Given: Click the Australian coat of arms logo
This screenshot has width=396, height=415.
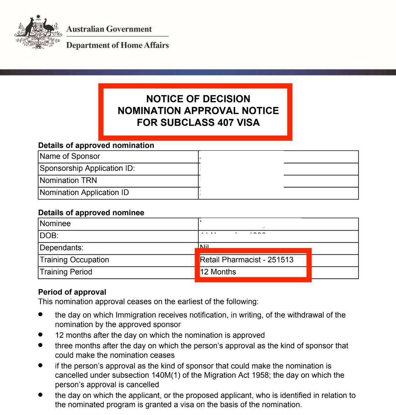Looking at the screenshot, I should (x=38, y=33).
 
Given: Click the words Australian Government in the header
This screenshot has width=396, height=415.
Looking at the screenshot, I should (x=109, y=29).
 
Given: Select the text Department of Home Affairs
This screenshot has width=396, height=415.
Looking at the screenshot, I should (x=117, y=45).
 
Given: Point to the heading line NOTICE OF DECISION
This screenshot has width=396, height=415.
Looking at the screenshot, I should (x=198, y=99).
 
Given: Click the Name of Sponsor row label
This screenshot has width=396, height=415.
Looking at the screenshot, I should (x=70, y=156).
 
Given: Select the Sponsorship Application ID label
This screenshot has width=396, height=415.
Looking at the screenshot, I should (x=87, y=168).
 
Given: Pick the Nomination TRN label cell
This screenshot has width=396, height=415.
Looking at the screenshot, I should (x=68, y=181).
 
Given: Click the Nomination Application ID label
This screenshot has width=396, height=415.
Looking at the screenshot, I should (x=84, y=192).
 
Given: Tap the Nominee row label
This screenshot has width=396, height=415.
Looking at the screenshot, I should (x=55, y=224).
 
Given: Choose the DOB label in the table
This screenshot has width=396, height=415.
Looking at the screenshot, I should (x=49, y=236).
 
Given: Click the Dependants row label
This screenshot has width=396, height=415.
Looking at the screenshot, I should (x=61, y=248).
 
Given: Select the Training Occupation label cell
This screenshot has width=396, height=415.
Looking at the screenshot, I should (x=74, y=260).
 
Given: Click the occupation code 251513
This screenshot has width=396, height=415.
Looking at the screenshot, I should (x=280, y=260).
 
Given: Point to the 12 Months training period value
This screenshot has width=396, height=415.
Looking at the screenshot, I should (x=218, y=272).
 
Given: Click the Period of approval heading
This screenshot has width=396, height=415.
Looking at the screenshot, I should (x=72, y=292).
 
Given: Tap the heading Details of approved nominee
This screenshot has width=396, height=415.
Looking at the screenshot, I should (x=91, y=213).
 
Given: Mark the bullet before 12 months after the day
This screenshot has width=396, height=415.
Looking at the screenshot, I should (x=41, y=335).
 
